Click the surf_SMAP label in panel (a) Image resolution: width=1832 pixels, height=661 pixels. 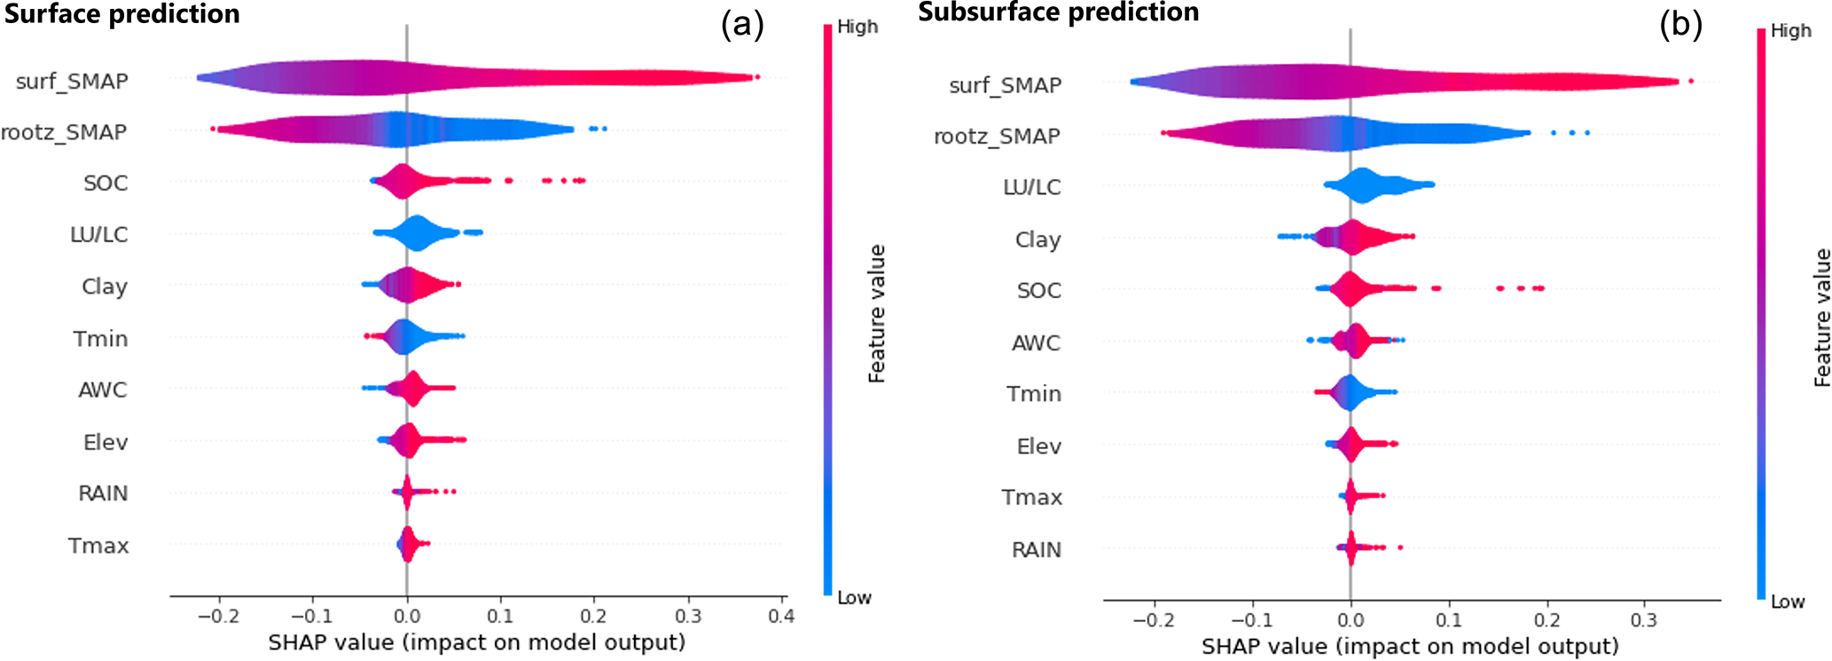pyautogui.click(x=72, y=82)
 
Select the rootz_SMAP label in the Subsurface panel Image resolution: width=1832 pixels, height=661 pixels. pyautogui.click(x=997, y=137)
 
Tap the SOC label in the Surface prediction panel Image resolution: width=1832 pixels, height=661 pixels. pyautogui.click(x=106, y=184)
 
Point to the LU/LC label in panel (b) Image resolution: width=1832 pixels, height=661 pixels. pyautogui.click(x=1031, y=187)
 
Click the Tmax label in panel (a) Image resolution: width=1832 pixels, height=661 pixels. pyautogui.click(x=98, y=546)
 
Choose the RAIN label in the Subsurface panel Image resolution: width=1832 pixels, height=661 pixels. pyautogui.click(x=1036, y=550)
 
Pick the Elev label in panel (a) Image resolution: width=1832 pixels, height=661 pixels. pyautogui.click(x=106, y=443)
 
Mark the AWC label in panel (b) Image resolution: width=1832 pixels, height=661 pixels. pyautogui.click(x=1036, y=343)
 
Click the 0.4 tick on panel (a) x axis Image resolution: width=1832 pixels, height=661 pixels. pyautogui.click(x=781, y=616)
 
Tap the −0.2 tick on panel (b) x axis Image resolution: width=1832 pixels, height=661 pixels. pyautogui.click(x=1153, y=619)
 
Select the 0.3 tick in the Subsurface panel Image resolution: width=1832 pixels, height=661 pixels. pyautogui.click(x=1644, y=619)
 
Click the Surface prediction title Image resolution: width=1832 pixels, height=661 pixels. pyautogui.click(x=121, y=14)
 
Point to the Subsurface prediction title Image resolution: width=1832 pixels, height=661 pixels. pyautogui.click(x=1058, y=12)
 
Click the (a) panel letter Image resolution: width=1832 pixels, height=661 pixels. pyautogui.click(x=742, y=25)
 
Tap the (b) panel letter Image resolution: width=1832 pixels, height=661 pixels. pyautogui.click(x=1680, y=25)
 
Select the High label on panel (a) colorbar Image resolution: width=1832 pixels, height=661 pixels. pyautogui.click(x=857, y=27)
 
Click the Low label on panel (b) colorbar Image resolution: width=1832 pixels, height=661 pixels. pyautogui.click(x=1788, y=602)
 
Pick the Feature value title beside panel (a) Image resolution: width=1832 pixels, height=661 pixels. pyautogui.click(x=877, y=314)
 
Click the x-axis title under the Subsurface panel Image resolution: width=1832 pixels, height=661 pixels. pyautogui.click(x=1410, y=647)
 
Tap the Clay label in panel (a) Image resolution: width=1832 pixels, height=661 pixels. pyautogui.click(x=105, y=287)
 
